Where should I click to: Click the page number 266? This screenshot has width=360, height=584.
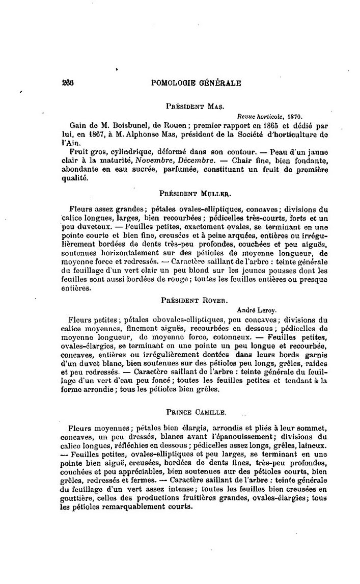[68, 83]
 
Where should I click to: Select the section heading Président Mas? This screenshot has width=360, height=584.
[192, 107]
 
